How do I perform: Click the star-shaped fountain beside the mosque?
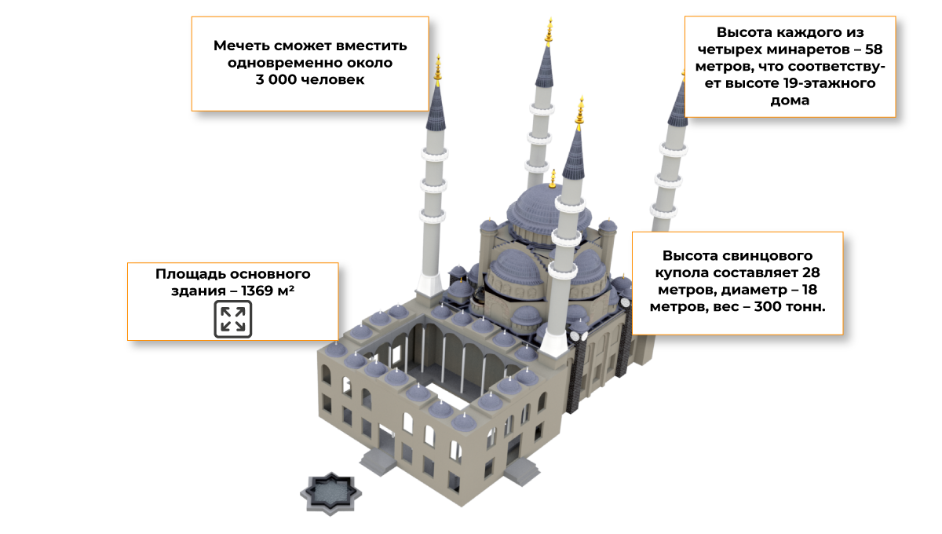click(x=333, y=493)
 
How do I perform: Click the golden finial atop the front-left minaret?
click(x=438, y=70)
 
